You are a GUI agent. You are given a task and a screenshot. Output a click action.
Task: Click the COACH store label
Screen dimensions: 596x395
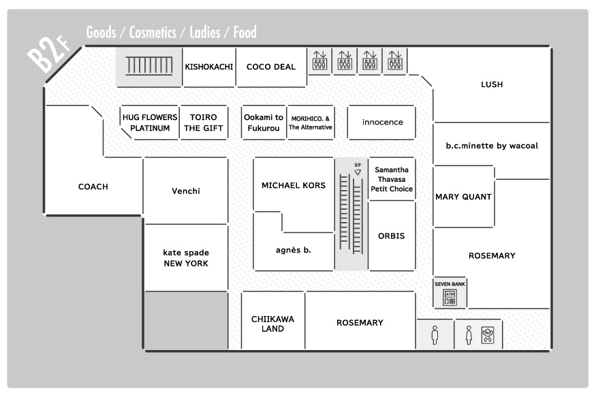pyautogui.click(x=93, y=187)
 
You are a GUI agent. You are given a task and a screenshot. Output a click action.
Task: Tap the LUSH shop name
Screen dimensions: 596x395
pyautogui.click(x=492, y=84)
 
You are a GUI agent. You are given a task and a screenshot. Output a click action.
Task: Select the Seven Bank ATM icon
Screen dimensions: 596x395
pyautogui.click(x=450, y=298)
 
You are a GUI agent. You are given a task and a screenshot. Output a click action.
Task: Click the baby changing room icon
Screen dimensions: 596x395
pyautogui.click(x=488, y=335)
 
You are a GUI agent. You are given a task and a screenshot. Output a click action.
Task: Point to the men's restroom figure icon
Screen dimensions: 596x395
pyautogui.click(x=435, y=335)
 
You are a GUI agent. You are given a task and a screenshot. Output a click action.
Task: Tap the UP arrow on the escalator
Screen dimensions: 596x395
pyautogui.click(x=358, y=172)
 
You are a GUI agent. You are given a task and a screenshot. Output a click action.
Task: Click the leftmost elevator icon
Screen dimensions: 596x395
pyautogui.click(x=319, y=61)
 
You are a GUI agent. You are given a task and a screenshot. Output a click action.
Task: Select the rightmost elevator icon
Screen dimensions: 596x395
pyautogui.click(x=395, y=61)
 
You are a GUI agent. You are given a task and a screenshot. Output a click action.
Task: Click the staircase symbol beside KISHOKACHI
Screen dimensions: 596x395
pyautogui.click(x=149, y=66)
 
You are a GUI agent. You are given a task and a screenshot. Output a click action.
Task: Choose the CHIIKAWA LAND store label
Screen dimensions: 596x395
pyautogui.click(x=272, y=324)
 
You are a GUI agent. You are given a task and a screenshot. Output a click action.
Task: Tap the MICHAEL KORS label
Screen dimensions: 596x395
pyautogui.click(x=294, y=185)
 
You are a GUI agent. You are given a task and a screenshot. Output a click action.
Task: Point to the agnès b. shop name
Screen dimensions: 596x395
pyautogui.click(x=294, y=250)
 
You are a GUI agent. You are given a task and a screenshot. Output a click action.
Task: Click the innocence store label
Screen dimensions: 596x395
pyautogui.click(x=382, y=122)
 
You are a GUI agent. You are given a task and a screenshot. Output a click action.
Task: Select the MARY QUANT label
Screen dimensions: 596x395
pyautogui.click(x=463, y=197)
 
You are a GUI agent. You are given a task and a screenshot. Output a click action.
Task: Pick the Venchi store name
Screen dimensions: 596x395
pyautogui.click(x=186, y=191)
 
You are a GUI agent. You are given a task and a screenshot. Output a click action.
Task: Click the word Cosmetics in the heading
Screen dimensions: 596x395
pyautogui.click(x=153, y=32)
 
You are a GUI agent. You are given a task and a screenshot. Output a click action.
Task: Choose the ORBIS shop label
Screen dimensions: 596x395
pyautogui.click(x=391, y=236)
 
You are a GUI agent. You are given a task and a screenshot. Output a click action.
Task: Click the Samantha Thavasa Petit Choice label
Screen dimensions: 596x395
pyautogui.click(x=392, y=179)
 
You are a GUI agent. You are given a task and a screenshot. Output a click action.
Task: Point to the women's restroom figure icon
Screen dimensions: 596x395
pyautogui.click(x=469, y=335)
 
